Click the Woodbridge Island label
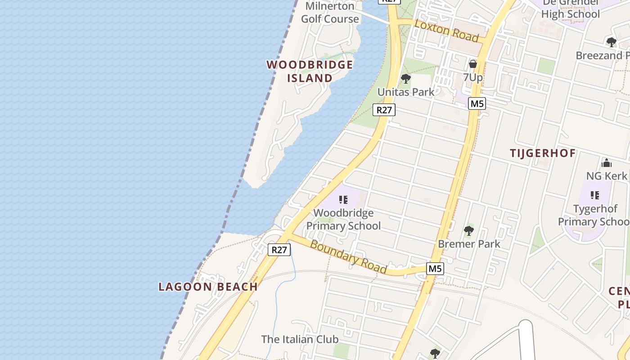pos(310,71)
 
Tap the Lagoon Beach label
pos(208,287)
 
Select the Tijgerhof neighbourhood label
pos(543,153)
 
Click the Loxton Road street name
pos(446,31)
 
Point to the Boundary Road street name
pos(348,257)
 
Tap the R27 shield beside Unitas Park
pos(384,109)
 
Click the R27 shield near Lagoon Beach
pos(279,250)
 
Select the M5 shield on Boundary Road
pos(435,269)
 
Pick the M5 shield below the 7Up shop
pos(477,103)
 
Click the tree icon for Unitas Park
pos(406,79)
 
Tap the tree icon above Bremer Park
pos(468,231)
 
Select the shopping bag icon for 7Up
pos(472,64)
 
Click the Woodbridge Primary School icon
pos(343,200)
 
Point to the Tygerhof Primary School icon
pos(595,195)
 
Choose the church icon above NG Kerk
pos(606,163)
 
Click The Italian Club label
pos(300,339)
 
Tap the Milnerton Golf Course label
pos(330,13)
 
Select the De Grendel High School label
pos(570,9)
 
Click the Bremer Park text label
pos(469,244)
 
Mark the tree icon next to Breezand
pos(611,42)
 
